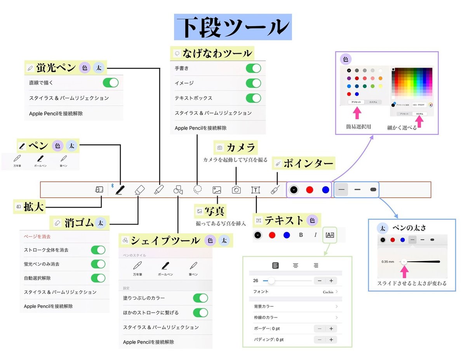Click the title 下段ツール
[x=233, y=28]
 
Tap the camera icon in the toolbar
[x=236, y=190]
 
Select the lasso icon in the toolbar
[x=198, y=190]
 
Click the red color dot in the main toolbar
[x=310, y=190]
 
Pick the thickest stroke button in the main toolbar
[x=373, y=190]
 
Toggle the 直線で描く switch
[x=110, y=83]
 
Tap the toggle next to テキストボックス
[x=254, y=98]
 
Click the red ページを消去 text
[x=37, y=236]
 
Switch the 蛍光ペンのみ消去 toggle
[x=98, y=264]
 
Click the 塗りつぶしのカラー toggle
[x=200, y=298]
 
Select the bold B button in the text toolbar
[x=301, y=235]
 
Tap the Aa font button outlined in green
[x=330, y=235]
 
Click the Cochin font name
[x=328, y=292]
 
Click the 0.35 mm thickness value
[x=388, y=262]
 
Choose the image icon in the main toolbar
[x=217, y=190]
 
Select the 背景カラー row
[x=295, y=306]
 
